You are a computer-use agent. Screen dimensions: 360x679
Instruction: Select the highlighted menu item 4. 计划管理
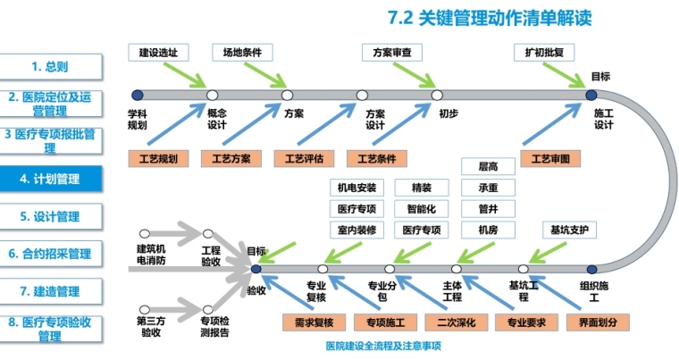[51, 180]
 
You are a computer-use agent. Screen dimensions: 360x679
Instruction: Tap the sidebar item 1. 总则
[51, 66]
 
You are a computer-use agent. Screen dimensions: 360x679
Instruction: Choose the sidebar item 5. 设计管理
[51, 217]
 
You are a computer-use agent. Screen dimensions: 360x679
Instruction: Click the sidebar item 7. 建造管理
[51, 291]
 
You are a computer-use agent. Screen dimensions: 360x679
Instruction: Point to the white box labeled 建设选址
[158, 53]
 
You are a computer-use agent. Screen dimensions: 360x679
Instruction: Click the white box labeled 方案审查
[391, 53]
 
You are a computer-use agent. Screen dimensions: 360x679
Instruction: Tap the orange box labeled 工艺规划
[158, 160]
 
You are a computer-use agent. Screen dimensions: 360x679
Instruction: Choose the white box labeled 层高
[489, 166]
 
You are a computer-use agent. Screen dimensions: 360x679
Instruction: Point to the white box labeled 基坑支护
[570, 230]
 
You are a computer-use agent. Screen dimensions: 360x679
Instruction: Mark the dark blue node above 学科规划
[137, 95]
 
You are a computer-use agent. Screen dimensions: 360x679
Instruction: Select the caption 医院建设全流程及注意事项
[384, 346]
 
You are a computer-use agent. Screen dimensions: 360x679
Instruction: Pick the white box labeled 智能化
[420, 210]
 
